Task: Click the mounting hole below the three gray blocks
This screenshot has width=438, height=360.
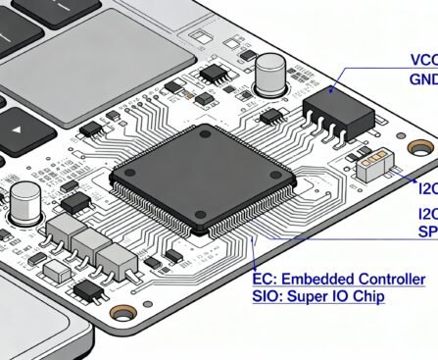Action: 123,313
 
